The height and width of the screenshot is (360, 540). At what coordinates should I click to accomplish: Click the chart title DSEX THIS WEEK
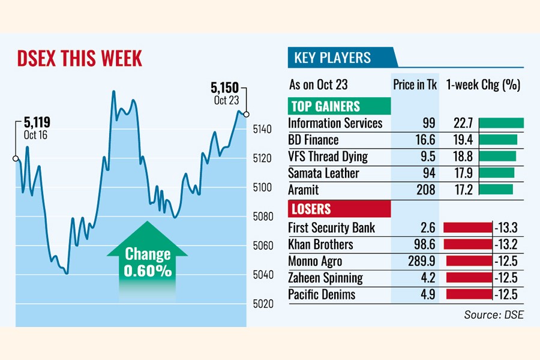[x=80, y=59]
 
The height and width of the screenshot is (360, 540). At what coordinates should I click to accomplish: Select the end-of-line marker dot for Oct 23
[x=247, y=114]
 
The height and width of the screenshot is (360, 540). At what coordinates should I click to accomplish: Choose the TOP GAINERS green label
[x=339, y=107]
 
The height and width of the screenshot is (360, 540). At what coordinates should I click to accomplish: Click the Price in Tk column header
[x=415, y=85]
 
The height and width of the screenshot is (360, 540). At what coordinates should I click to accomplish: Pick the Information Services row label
[x=335, y=123]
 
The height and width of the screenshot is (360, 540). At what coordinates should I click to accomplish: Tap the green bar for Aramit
[x=496, y=190]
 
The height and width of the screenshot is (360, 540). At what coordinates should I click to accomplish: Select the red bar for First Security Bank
[x=467, y=227]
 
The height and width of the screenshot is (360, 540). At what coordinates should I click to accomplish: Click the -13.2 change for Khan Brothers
[x=507, y=244]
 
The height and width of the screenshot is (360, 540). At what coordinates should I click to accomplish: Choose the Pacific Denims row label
[x=322, y=295]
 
